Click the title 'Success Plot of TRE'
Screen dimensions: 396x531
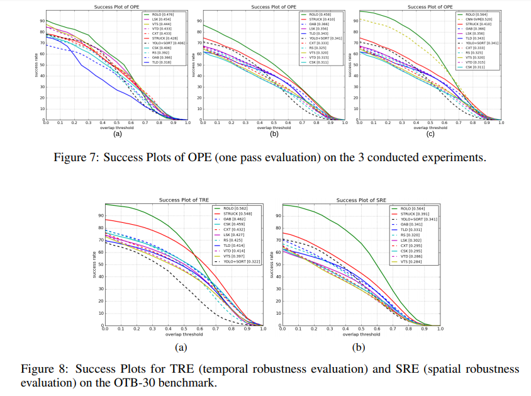pos(183,200)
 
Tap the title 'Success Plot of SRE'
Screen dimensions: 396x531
pos(361,200)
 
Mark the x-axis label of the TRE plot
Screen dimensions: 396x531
pos(183,335)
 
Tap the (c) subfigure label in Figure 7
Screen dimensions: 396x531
pos(430,134)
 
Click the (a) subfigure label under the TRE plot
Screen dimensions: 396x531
pos(183,348)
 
